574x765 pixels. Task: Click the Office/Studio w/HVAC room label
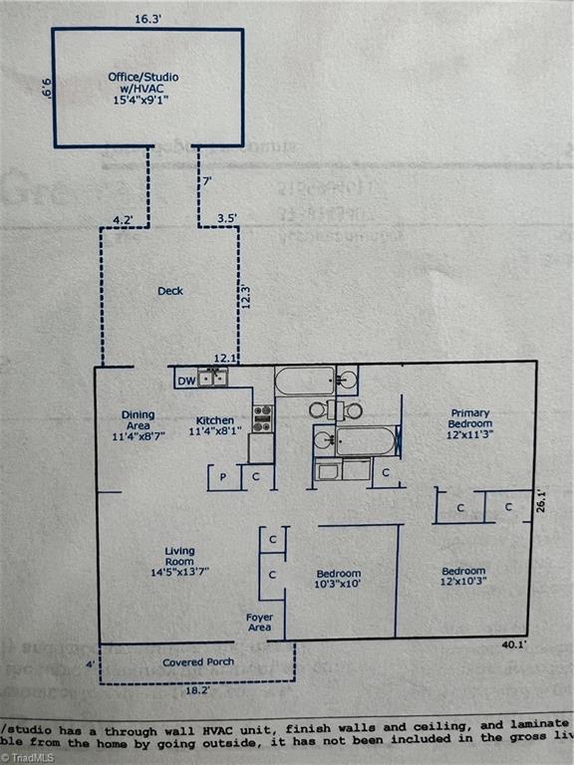click(147, 88)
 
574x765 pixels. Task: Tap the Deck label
click(170, 292)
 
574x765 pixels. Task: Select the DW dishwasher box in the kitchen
click(185, 380)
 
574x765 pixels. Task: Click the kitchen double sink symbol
click(212, 378)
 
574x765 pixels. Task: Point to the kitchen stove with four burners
click(262, 418)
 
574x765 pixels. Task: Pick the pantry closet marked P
click(222, 477)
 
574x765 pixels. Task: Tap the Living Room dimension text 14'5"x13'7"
click(180, 571)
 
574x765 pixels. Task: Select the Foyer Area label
click(260, 623)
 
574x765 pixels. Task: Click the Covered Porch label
click(198, 662)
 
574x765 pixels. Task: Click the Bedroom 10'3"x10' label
click(339, 579)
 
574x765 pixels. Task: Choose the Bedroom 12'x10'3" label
click(464, 576)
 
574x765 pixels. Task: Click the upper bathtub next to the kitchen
click(305, 381)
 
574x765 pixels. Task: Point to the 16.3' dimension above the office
click(146, 18)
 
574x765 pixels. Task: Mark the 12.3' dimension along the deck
click(245, 297)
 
